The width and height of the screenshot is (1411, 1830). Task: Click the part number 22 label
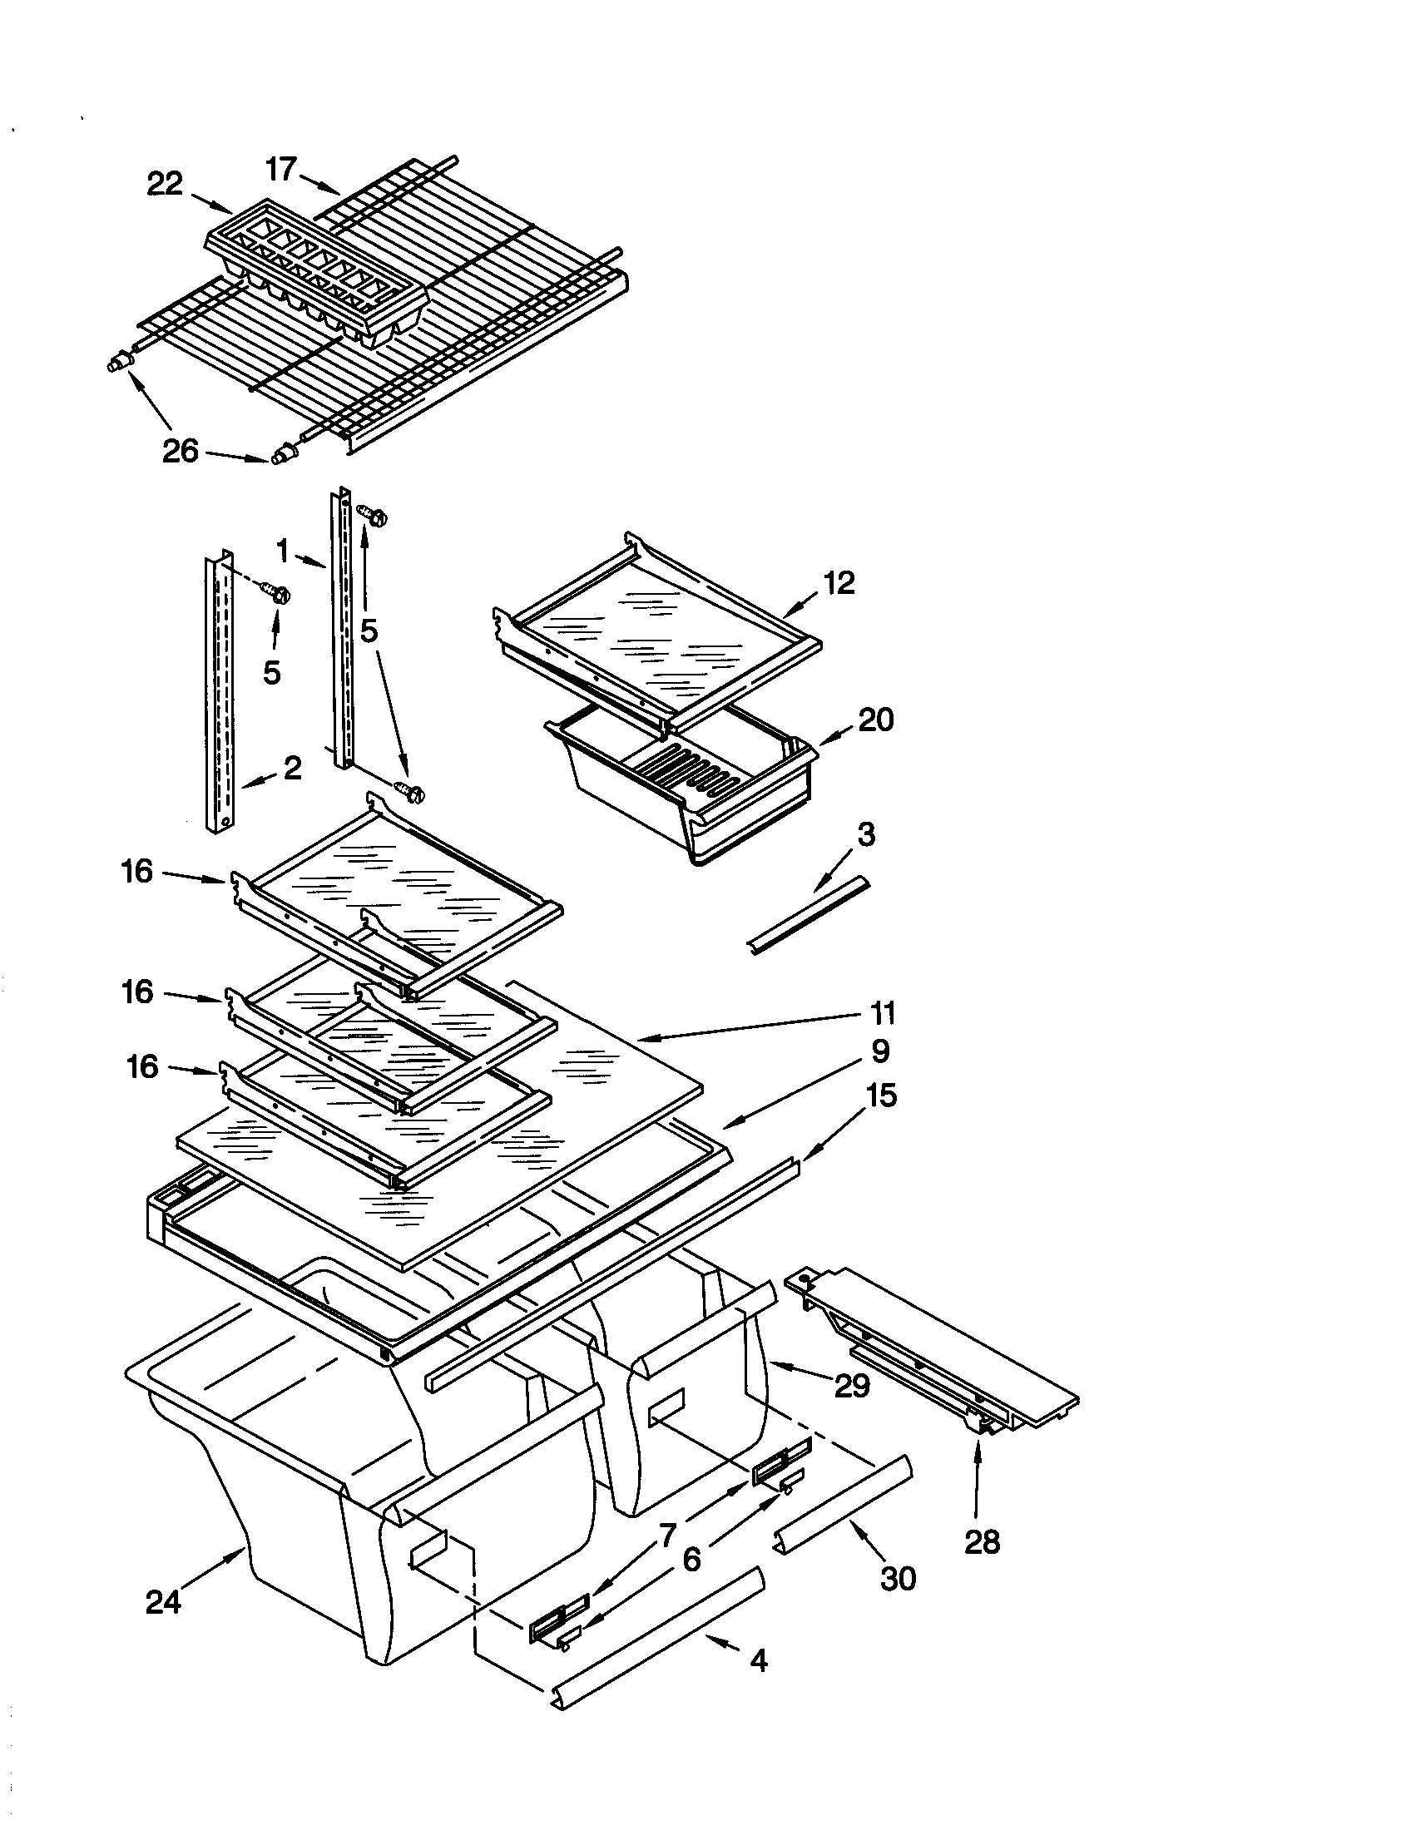164,185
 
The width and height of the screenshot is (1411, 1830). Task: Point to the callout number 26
181,452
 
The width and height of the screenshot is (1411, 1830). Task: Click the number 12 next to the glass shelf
839,582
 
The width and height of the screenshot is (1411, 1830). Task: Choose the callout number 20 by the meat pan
875,720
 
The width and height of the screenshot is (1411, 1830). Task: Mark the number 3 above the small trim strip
866,834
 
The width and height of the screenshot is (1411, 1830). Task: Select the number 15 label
879,1096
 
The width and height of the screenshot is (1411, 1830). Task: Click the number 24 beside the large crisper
162,1601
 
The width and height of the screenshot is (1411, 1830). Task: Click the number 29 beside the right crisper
852,1386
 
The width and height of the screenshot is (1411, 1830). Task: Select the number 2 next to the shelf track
291,767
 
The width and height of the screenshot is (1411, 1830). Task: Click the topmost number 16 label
136,872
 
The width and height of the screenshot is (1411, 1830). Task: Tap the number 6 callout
691,1560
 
